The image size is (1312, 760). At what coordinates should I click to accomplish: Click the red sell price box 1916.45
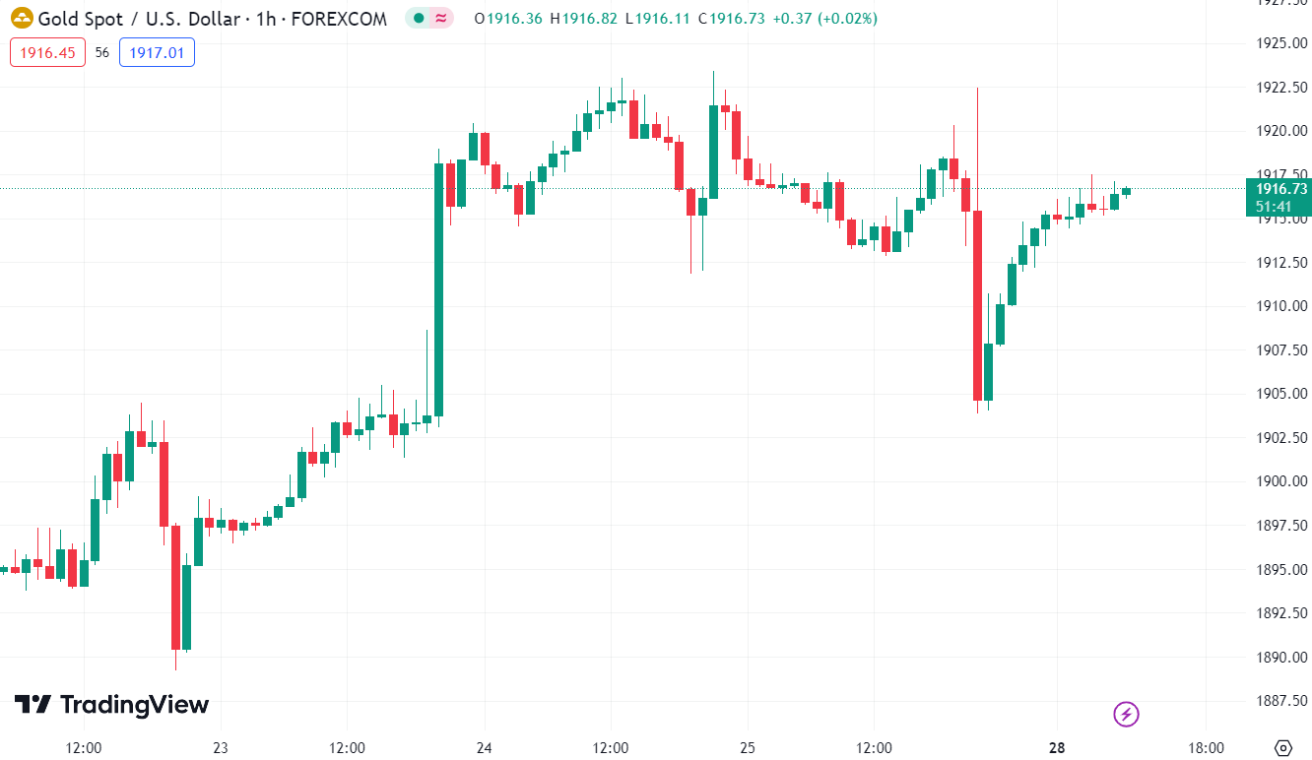48,52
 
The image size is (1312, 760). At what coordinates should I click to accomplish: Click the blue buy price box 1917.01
157,52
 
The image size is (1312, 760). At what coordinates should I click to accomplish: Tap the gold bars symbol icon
22,18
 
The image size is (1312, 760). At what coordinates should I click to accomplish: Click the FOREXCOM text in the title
340,19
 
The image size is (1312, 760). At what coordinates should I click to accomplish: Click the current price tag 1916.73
1278,188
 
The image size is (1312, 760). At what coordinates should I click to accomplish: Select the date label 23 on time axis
220,747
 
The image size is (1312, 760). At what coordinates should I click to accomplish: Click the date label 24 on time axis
484,747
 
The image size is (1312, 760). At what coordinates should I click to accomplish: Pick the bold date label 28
1057,747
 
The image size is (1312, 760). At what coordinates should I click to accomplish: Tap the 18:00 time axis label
1207,747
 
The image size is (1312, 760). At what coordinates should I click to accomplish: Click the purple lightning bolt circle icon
1126,714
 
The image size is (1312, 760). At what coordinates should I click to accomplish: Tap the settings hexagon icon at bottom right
1282,747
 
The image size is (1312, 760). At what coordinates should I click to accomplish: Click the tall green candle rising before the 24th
439,289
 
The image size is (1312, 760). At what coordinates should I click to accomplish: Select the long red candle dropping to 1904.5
977,305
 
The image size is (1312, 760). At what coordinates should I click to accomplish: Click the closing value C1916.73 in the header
731,19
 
